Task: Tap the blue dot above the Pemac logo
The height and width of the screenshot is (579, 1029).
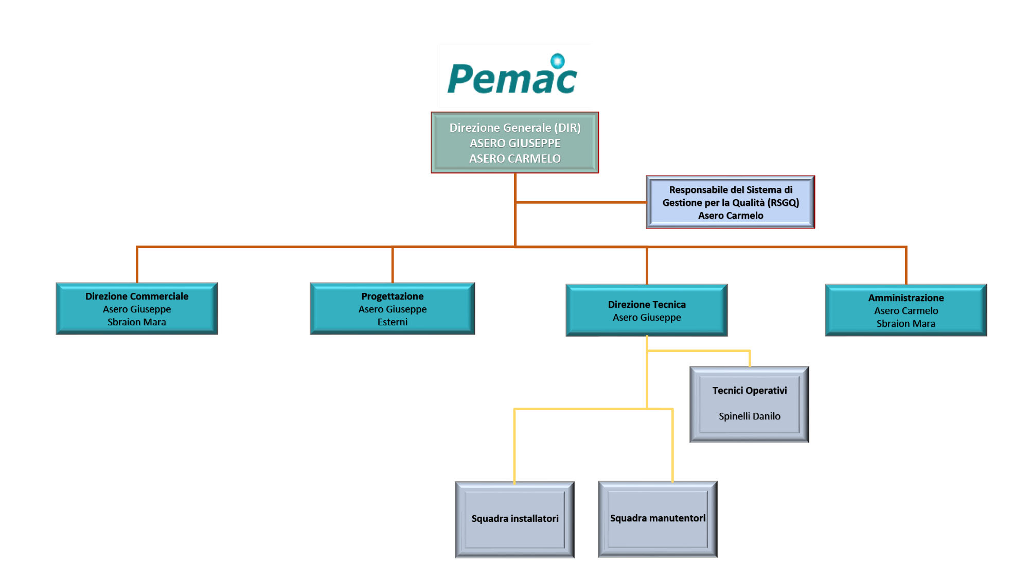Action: [x=557, y=61]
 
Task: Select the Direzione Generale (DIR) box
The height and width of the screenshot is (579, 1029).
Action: [x=514, y=143]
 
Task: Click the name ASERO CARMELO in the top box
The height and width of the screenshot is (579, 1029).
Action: [x=514, y=159]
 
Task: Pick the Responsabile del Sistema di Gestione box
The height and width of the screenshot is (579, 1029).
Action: [x=730, y=202]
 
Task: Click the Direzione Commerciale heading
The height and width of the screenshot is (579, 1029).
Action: [x=137, y=296]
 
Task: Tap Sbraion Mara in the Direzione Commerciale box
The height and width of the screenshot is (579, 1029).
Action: [x=137, y=322]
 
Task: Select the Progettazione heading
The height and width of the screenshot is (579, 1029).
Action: [x=392, y=296]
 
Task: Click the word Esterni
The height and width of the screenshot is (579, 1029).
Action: [x=392, y=322]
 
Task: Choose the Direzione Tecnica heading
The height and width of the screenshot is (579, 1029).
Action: [x=647, y=305]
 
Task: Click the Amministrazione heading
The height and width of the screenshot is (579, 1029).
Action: [x=906, y=298]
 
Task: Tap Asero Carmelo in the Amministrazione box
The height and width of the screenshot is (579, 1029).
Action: [x=906, y=311]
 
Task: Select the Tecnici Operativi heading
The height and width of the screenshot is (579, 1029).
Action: [x=749, y=391]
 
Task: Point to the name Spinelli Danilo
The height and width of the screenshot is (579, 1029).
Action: [x=749, y=416]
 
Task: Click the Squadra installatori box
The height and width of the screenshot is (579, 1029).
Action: [x=514, y=519]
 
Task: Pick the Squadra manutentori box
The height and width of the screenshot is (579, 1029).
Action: [x=658, y=518]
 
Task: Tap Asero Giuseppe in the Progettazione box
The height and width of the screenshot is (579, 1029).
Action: [x=392, y=309]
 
